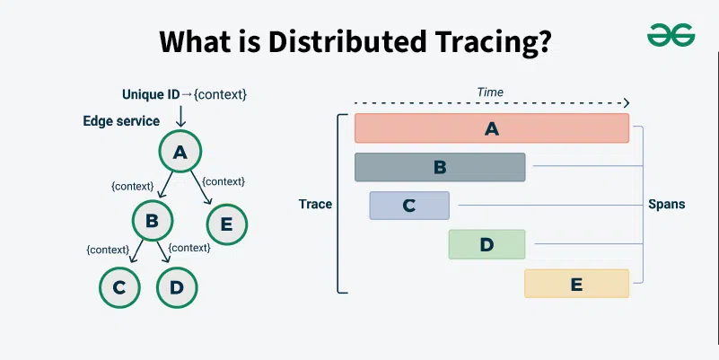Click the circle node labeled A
click(x=180, y=152)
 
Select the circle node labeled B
click(x=153, y=221)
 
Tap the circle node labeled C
click(x=119, y=287)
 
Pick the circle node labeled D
click(x=177, y=287)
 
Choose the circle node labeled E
click(x=226, y=224)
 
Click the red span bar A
click(x=492, y=128)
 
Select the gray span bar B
click(x=440, y=167)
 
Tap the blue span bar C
click(x=409, y=206)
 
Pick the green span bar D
click(x=487, y=244)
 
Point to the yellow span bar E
click(x=576, y=284)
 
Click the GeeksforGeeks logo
click(x=671, y=35)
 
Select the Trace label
click(x=315, y=204)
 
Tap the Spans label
click(x=667, y=205)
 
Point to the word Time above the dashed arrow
click(x=490, y=92)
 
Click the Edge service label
click(x=121, y=121)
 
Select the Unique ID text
click(x=151, y=94)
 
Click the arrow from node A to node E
click(x=201, y=188)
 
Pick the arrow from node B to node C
click(x=136, y=251)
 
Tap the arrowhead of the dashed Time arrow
click(x=627, y=103)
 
